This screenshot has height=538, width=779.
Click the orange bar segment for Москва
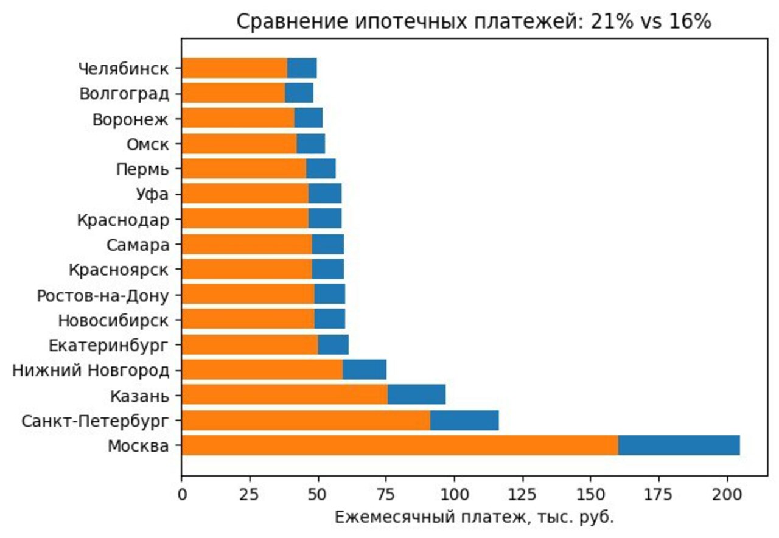click(399, 445)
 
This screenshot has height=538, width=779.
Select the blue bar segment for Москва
click(679, 445)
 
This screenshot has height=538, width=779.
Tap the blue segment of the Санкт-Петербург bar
click(464, 421)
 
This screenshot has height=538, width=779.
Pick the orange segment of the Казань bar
click(284, 395)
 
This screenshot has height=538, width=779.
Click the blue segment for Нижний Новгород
click(364, 370)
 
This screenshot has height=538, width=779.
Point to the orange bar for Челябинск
click(234, 68)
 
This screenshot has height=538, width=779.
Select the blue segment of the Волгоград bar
click(299, 93)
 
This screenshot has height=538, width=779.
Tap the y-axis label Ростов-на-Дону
click(102, 295)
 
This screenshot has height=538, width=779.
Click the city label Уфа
click(152, 195)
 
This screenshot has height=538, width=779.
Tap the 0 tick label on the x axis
click(181, 494)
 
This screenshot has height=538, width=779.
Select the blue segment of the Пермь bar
click(321, 169)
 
